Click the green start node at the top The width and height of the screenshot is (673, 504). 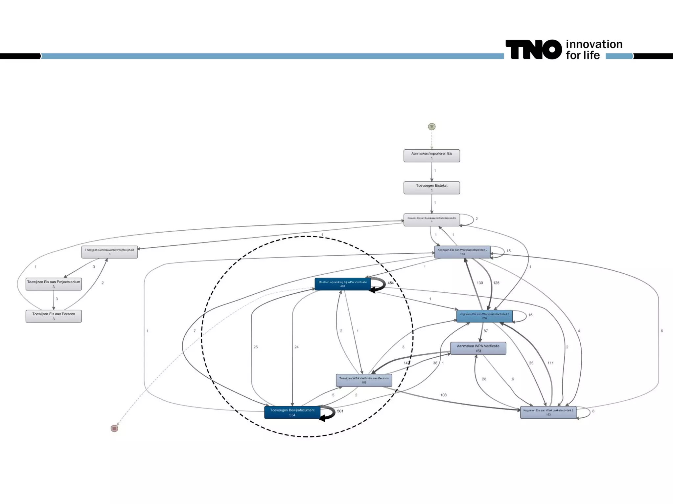tap(431, 127)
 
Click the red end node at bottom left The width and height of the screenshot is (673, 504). tap(114, 428)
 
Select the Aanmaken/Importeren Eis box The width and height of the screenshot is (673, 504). tap(431, 156)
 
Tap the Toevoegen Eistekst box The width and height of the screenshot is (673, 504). tap(431, 188)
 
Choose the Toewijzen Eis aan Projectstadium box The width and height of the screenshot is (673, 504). tap(54, 284)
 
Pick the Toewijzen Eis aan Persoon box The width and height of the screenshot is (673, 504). tap(54, 316)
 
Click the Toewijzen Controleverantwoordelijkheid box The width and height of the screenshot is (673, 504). tap(109, 252)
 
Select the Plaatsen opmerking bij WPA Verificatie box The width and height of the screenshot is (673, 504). tap(342, 284)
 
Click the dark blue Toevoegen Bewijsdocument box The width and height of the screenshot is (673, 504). tap(292, 412)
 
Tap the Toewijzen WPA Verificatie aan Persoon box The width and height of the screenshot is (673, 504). tap(364, 380)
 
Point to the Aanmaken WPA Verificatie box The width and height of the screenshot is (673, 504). tap(478, 348)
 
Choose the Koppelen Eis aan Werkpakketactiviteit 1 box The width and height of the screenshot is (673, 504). tap(484, 316)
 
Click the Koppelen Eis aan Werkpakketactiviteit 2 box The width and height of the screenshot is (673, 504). tap(462, 252)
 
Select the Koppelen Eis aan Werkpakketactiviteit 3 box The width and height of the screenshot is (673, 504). tap(548, 412)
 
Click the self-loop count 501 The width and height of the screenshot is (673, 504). tap(340, 411)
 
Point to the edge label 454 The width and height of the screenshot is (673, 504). tap(390, 283)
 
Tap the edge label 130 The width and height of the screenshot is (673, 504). tap(480, 283)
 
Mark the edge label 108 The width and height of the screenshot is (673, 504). tap(443, 395)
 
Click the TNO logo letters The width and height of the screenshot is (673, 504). tap(533, 50)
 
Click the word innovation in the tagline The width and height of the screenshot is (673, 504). tap(594, 44)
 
